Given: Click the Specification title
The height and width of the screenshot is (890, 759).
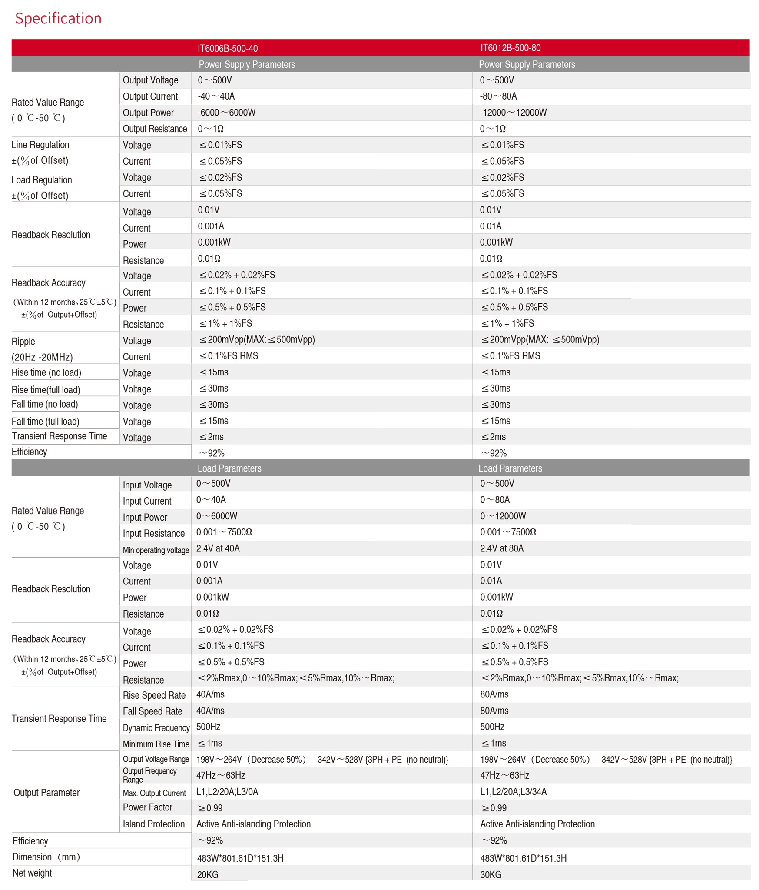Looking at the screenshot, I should click(58, 19).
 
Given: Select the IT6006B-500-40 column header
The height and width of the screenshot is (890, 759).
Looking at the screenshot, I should click(228, 48).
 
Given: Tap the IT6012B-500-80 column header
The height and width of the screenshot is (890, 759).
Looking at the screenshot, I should click(510, 48).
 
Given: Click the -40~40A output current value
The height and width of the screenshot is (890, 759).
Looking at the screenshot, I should click(216, 96).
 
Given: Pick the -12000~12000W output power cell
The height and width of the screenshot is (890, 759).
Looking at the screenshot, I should click(513, 113).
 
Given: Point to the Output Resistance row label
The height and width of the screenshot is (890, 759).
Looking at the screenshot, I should click(155, 129).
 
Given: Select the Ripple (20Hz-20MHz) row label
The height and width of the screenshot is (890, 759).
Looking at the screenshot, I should click(42, 349).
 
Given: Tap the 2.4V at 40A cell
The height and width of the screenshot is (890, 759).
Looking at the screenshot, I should click(218, 548).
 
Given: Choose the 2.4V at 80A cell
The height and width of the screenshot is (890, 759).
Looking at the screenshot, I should click(501, 548).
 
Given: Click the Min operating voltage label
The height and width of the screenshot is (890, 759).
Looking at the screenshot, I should click(156, 550).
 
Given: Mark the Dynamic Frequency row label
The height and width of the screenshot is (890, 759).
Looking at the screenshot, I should click(156, 727).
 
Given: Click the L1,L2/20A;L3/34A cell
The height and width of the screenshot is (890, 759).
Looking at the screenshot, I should click(513, 792).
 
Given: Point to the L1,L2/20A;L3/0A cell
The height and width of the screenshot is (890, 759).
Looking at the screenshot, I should click(227, 792).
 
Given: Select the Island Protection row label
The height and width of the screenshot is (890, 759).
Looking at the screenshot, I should click(153, 824).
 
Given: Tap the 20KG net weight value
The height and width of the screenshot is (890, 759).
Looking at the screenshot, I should click(208, 874).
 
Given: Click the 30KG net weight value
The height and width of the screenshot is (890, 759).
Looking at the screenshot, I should click(491, 874).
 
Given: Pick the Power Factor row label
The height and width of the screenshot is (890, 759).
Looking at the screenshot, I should click(147, 807).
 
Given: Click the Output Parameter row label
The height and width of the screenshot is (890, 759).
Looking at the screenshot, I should click(46, 793).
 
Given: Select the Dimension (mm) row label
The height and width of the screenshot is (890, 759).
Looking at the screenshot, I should click(46, 857).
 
